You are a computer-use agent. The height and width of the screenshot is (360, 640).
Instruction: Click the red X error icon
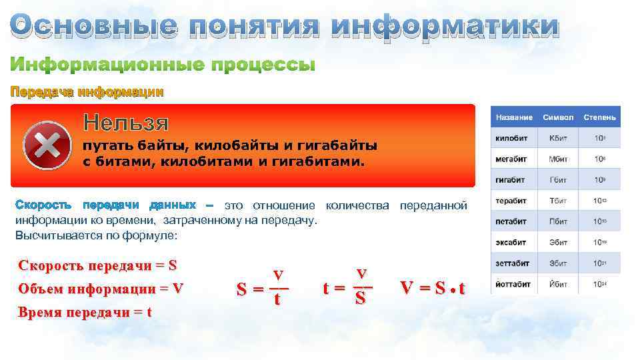pyautogui.click(x=47, y=145)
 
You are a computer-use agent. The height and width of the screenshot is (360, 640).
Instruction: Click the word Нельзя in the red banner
pyautogui.click(x=125, y=123)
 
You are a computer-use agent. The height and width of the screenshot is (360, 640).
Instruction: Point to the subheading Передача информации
pyautogui.click(x=86, y=92)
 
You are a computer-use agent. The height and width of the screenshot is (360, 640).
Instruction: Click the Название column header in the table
pyautogui.click(x=514, y=117)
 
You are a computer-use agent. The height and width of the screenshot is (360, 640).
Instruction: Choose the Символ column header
pyautogui.click(x=558, y=117)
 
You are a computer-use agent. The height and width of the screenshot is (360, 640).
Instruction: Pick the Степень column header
pyautogui.click(x=599, y=117)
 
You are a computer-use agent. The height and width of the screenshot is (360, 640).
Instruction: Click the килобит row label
pyautogui.click(x=511, y=139)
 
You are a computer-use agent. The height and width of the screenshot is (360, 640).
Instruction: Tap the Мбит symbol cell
pyautogui.click(x=558, y=159)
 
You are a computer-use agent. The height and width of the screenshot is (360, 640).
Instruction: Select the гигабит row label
pyautogui.click(x=511, y=180)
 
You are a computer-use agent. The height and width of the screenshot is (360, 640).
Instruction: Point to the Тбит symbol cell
pyautogui.click(x=558, y=201)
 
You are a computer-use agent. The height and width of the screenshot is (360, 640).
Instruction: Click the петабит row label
pyautogui.click(x=511, y=221)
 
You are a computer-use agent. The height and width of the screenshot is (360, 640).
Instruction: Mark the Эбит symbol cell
pyautogui.click(x=558, y=242)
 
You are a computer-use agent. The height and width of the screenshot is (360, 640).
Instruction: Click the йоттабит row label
pyautogui.click(x=513, y=283)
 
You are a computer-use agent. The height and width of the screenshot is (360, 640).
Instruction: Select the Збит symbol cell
pyautogui.click(x=558, y=263)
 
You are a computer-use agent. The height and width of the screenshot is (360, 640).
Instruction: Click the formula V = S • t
pyautogui.click(x=433, y=288)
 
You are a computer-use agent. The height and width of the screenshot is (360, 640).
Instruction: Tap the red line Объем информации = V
pyautogui.click(x=101, y=289)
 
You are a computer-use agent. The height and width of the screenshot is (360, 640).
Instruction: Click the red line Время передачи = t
pyautogui.click(x=85, y=312)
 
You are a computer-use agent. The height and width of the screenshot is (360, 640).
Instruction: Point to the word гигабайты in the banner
pyautogui.click(x=340, y=145)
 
